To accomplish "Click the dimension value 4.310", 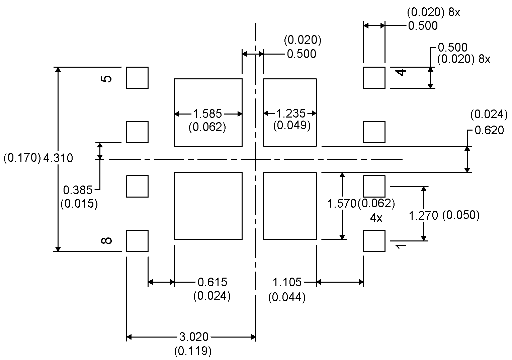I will [x=58, y=158].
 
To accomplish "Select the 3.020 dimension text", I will [x=194, y=337].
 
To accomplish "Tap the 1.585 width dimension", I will [x=207, y=114].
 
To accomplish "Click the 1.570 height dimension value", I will [x=341, y=203].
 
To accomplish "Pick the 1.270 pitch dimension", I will [x=423, y=216].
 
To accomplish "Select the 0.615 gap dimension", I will [x=212, y=282].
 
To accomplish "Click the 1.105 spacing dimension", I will [x=287, y=282].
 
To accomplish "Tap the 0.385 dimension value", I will [x=78, y=190].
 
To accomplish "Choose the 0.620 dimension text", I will [x=489, y=130].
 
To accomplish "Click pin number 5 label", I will [x=106, y=79].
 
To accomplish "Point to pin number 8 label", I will [x=106, y=240].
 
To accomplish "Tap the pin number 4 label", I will [x=402, y=72].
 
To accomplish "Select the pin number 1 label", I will [x=401, y=246].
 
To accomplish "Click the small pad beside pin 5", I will [x=137, y=78].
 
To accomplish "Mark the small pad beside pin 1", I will [x=374, y=240].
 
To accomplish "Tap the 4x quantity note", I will [x=376, y=218].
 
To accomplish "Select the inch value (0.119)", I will [x=193, y=351].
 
